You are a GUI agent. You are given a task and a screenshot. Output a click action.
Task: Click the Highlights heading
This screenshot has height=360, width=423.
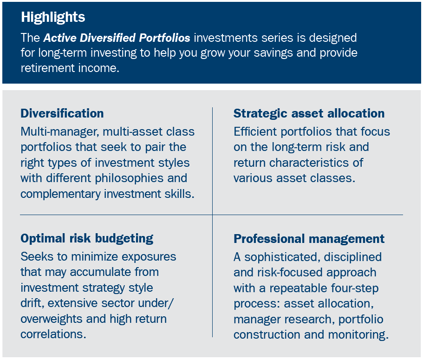[x=53, y=18]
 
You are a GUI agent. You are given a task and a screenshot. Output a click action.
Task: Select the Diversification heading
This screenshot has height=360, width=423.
[x=62, y=114]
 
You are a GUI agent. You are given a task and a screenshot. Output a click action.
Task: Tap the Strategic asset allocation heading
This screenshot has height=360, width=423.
[x=309, y=114]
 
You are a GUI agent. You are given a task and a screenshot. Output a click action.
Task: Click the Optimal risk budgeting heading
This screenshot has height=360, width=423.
[x=87, y=239]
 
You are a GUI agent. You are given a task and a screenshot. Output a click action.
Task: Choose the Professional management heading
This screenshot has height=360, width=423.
[x=309, y=239]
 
